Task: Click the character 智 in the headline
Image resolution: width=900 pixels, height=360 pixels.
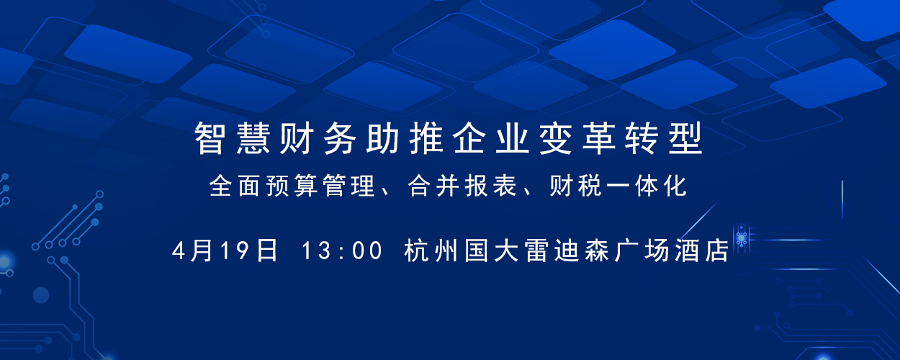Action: (210, 138)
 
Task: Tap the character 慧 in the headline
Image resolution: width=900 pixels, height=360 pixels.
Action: (253, 138)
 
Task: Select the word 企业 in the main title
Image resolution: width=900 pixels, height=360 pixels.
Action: (490, 138)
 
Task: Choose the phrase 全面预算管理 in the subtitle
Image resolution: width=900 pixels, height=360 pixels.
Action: (292, 186)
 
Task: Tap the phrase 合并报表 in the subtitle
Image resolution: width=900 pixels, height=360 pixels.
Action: (462, 186)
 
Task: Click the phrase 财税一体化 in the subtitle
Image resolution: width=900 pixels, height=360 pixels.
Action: (618, 186)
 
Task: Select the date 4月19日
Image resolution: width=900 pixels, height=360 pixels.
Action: (225, 251)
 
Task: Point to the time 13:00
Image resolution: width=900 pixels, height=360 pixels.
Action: (342, 251)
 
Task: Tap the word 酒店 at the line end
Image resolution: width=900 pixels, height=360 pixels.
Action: (702, 251)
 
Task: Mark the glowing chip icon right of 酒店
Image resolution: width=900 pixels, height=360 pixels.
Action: (742, 238)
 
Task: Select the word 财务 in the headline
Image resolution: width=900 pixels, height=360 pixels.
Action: (318, 138)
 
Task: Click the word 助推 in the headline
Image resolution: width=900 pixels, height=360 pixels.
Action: (404, 138)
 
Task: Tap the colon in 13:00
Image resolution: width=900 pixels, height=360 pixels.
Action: (341, 251)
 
